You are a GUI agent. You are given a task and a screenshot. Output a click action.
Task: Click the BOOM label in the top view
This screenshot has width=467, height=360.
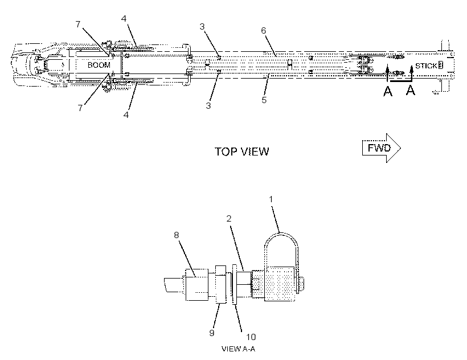point(99,65)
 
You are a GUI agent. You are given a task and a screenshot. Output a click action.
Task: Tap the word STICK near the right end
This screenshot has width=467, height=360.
point(426,66)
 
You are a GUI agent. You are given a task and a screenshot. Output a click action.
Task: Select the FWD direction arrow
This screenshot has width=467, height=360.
point(382,148)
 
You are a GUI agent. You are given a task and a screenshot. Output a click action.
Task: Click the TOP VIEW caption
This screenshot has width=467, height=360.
point(242,152)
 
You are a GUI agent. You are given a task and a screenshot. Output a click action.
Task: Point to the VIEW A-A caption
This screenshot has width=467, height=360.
point(238,349)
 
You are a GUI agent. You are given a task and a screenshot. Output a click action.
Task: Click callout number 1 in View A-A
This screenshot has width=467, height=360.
point(271,199)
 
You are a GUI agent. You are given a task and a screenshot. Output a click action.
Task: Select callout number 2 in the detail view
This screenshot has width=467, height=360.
point(229,219)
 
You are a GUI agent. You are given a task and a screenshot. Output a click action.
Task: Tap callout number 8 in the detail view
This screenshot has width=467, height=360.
point(177,235)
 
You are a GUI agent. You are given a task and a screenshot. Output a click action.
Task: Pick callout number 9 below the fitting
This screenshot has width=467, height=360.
point(212,333)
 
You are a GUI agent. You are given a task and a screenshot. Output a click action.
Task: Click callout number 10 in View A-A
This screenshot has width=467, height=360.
point(251,337)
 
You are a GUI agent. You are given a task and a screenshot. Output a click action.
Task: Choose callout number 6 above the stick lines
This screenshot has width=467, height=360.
point(264,30)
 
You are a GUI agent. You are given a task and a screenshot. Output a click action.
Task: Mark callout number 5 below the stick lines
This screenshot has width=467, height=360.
point(264,100)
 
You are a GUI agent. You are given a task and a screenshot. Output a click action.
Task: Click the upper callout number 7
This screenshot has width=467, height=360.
point(78,24)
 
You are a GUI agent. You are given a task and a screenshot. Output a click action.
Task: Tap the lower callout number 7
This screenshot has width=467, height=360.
point(80,108)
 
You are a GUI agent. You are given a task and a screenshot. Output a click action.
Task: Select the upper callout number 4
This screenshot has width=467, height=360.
point(124,18)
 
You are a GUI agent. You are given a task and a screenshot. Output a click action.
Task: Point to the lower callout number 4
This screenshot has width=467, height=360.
point(126,114)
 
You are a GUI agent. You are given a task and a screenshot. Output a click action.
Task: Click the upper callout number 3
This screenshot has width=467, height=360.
point(202,27)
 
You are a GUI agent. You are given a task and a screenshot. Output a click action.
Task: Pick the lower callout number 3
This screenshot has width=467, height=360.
point(208,105)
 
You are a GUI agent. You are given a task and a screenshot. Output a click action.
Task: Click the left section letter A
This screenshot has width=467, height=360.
point(387,91)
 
